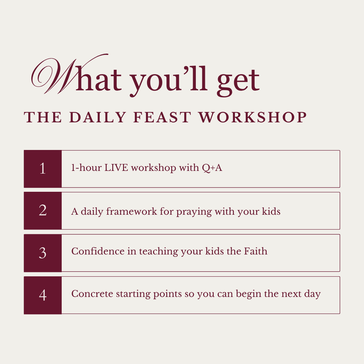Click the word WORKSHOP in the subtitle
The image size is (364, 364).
coord(252,117)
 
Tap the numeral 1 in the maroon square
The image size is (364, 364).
coord(42,169)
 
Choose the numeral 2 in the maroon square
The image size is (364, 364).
coord(42,211)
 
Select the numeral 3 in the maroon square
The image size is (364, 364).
coord(42,253)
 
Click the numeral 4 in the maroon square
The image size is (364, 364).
coord(42,295)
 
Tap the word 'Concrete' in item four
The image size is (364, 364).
coord(92,294)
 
